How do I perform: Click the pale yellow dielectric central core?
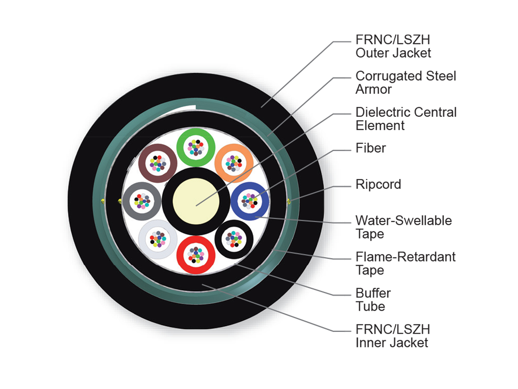[x=196, y=201]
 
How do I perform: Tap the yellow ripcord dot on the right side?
[x=288, y=201]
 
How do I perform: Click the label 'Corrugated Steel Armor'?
[x=405, y=83]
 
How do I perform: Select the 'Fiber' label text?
[x=370, y=148]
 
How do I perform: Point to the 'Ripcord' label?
[x=378, y=184]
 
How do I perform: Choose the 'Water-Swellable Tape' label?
[x=404, y=227]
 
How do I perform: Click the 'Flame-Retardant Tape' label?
[x=405, y=263]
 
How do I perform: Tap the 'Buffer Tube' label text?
[x=373, y=300]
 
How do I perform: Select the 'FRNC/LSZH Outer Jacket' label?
[x=393, y=46]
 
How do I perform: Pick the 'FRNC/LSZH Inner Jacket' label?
[x=393, y=336]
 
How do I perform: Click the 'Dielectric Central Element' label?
[x=406, y=118]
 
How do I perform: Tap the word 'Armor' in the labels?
[x=373, y=89]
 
